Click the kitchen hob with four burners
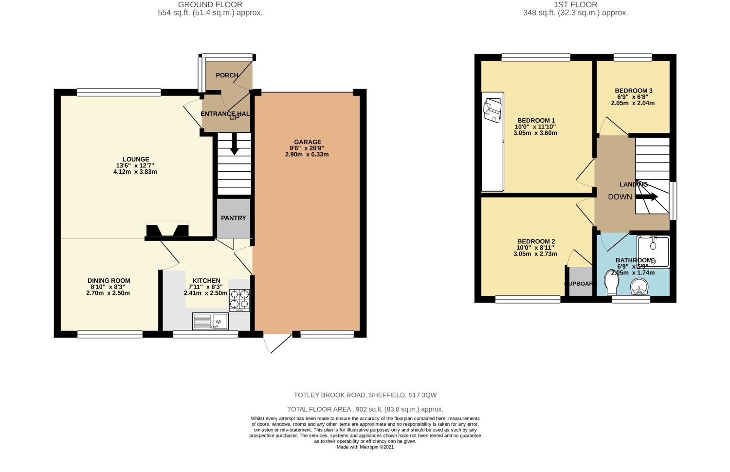[239, 300]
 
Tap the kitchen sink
[210, 321]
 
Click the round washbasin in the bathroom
[639, 287]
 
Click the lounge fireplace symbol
[167, 230]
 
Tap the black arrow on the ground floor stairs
[234, 144]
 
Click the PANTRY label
[234, 218]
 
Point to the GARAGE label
[308, 142]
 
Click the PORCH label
[227, 75]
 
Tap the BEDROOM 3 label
[633, 91]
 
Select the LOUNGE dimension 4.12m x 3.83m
[135, 172]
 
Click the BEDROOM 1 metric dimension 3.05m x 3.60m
[535, 133]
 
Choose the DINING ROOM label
[109, 281]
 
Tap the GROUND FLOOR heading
[210, 5]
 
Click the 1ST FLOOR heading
[575, 5]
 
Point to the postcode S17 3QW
[422, 395]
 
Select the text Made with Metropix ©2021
[365, 447]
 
